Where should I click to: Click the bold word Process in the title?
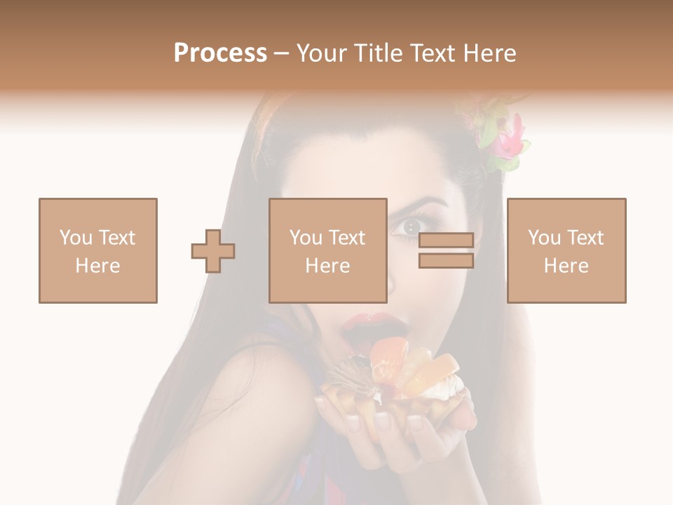(x=220, y=53)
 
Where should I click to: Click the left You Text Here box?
(x=98, y=250)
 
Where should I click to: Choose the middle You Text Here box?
(x=328, y=250)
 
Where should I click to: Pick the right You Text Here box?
(x=566, y=250)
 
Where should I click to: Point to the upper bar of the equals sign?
(x=446, y=240)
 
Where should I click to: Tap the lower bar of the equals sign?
(x=446, y=261)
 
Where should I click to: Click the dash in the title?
(x=282, y=53)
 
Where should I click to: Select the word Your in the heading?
(x=325, y=53)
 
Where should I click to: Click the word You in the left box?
(x=76, y=238)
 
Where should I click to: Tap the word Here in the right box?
(x=566, y=266)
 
